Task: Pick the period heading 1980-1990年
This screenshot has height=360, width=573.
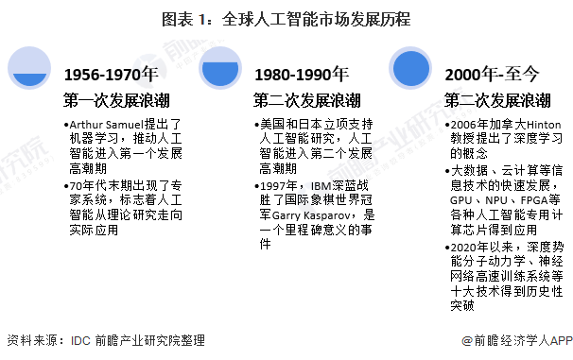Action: point(301,75)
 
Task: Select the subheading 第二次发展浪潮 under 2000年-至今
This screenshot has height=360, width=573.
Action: point(498,99)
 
